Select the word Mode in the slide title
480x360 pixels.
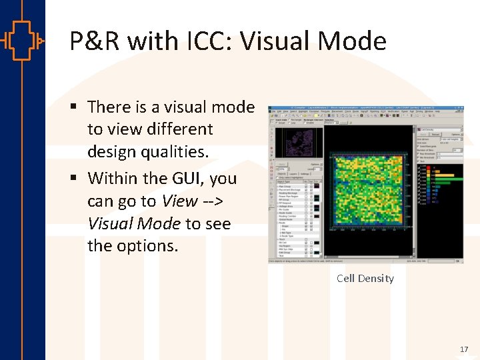[357, 41]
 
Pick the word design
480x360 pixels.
[113, 152]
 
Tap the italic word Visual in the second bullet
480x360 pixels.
[110, 223]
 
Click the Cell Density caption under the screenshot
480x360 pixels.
[365, 279]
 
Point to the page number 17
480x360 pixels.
[464, 349]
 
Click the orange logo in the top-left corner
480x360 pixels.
[22, 41]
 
